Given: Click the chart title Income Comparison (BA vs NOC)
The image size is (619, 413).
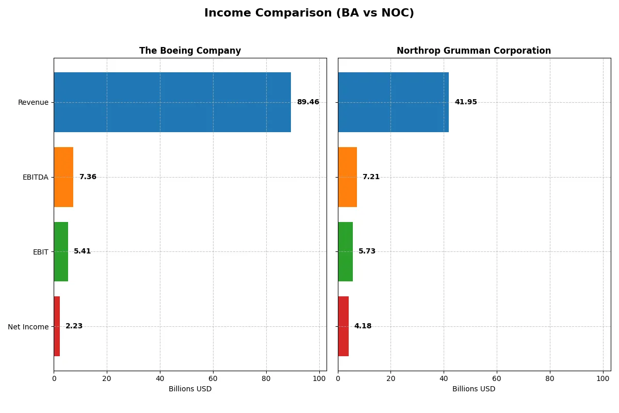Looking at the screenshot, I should (309, 13).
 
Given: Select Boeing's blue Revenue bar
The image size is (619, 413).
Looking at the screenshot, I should (172, 102).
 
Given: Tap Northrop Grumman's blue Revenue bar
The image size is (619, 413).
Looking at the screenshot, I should (393, 102).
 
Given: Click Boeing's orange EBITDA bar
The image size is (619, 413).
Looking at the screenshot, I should (63, 177).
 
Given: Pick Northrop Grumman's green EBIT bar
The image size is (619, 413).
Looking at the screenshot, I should (345, 251).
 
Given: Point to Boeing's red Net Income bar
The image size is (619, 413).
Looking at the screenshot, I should (57, 326).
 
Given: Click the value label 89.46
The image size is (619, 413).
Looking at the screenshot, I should (308, 102).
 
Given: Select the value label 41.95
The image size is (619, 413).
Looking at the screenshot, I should (466, 102).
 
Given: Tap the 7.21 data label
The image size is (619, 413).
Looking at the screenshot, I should (371, 177).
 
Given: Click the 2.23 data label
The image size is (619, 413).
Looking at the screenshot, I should (74, 326).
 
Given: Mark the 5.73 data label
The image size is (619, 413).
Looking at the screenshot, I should (367, 251).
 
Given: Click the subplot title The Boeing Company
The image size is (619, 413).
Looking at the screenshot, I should (190, 51).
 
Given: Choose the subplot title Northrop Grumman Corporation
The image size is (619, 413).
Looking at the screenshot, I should (474, 51).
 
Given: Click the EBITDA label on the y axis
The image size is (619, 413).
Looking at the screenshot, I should (35, 177).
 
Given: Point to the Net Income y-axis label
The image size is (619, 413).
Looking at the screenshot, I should (28, 327).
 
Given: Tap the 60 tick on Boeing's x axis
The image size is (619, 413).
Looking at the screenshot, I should (213, 378).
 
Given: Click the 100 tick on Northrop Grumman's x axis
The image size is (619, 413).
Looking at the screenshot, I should (603, 378).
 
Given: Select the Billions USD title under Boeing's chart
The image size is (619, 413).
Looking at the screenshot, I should (190, 389).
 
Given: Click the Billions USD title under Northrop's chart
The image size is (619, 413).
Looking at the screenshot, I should (474, 389).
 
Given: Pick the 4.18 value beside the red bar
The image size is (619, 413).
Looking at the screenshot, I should (363, 326).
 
